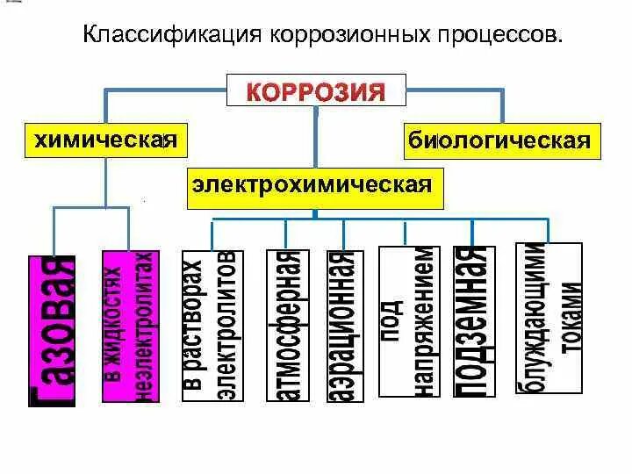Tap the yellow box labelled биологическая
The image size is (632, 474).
[498, 140]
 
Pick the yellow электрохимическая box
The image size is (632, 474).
[313, 186]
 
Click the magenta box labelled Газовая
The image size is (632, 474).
[53, 331]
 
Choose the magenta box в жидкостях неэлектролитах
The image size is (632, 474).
[131, 327]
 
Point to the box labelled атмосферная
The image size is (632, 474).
[288, 326]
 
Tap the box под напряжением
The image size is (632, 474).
[408, 322]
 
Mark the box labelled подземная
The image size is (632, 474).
[472, 322]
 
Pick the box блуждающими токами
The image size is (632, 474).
[549, 319]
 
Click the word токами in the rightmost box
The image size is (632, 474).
[569, 319]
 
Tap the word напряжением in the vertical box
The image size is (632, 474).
[422, 322]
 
